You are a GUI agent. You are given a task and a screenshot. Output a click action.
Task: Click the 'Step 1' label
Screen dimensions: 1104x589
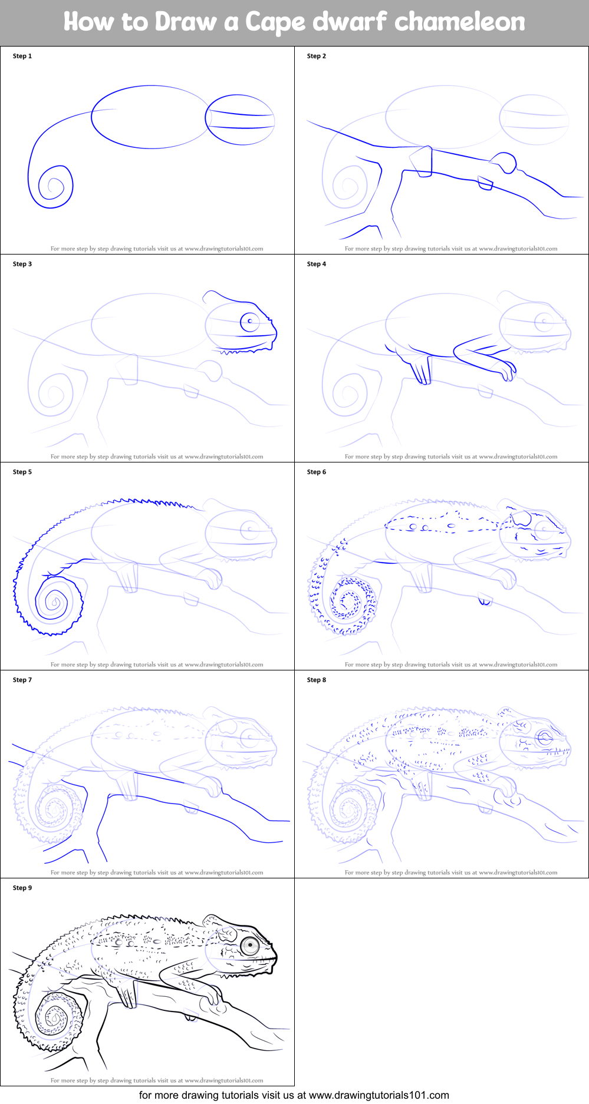pyautogui.click(x=22, y=56)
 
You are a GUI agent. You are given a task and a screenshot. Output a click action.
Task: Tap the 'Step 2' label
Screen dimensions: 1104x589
pyautogui.click(x=317, y=56)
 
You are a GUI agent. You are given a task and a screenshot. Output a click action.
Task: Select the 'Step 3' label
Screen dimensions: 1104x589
pyautogui.click(x=22, y=264)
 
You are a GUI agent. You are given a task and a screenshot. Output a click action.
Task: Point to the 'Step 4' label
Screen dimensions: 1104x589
pyautogui.click(x=317, y=264)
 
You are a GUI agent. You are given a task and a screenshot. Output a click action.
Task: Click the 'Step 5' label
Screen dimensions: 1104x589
pyautogui.click(x=22, y=472)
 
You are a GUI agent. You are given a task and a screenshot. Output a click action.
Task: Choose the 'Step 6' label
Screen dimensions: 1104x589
pyautogui.click(x=317, y=472)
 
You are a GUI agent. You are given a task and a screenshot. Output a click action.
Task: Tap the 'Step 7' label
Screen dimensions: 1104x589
pyautogui.click(x=22, y=680)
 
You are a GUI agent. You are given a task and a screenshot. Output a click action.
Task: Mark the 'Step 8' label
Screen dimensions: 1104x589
pyautogui.click(x=317, y=680)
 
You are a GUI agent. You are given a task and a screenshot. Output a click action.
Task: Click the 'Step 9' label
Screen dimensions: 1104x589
pyautogui.click(x=22, y=888)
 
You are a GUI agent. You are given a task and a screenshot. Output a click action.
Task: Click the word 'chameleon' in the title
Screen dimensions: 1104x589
pyautogui.click(x=459, y=22)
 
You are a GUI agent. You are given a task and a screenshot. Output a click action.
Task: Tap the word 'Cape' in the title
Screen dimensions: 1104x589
pyautogui.click(x=275, y=22)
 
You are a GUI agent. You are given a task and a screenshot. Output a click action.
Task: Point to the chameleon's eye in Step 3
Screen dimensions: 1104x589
pyautogui.click(x=250, y=322)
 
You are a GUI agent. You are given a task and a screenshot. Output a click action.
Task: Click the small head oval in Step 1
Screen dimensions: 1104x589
pyautogui.click(x=240, y=120)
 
